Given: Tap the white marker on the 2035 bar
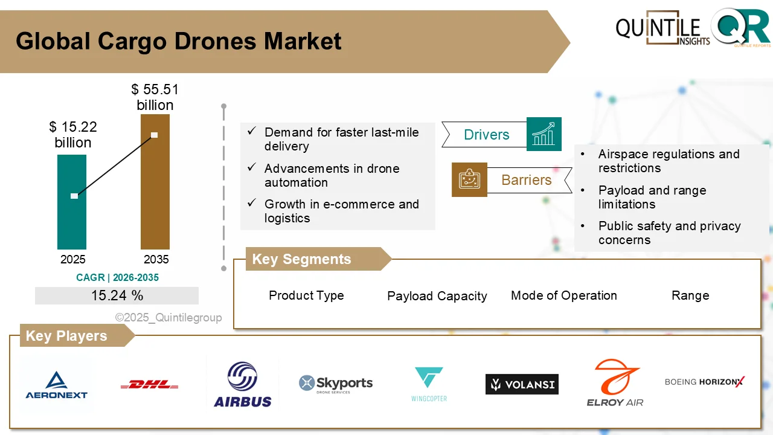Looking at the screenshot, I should pyautogui.click(x=155, y=135).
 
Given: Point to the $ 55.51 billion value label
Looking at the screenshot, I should pyautogui.click(x=155, y=97).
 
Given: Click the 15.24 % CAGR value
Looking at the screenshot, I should pyautogui.click(x=117, y=295).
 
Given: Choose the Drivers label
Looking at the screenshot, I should pyautogui.click(x=486, y=135).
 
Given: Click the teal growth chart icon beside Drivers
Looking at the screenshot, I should pyautogui.click(x=544, y=134).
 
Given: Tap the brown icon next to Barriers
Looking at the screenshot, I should pyautogui.click(x=469, y=179).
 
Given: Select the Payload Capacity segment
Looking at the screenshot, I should pyautogui.click(x=437, y=296).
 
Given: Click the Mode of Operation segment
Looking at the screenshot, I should pyautogui.click(x=563, y=295).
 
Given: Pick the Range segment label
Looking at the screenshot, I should pyautogui.click(x=690, y=295).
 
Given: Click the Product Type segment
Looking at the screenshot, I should pyautogui.click(x=306, y=295).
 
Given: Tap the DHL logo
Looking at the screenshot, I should pyautogui.click(x=149, y=384).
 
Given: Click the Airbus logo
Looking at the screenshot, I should pyautogui.click(x=243, y=384).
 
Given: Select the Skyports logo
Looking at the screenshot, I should pyautogui.click(x=336, y=384).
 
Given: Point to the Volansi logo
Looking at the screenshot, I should pyautogui.click(x=522, y=384).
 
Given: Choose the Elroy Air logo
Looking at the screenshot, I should pyautogui.click(x=615, y=383).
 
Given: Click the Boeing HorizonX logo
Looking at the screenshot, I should pyautogui.click(x=704, y=382).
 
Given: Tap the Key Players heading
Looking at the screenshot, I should pyautogui.click(x=66, y=336).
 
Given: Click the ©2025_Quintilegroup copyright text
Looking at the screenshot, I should pyautogui.click(x=168, y=317).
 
